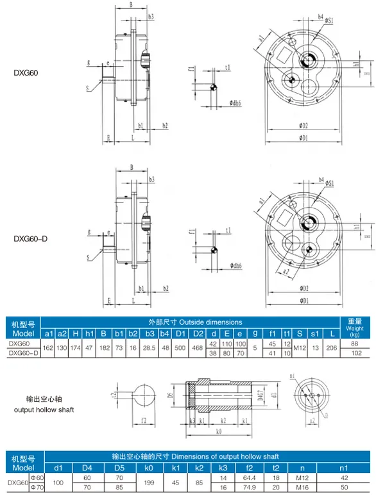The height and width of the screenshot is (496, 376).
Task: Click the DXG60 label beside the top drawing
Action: (26, 73)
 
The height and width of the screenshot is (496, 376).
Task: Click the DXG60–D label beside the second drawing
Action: (31, 239)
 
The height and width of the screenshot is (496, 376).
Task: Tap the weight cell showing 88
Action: (355, 343)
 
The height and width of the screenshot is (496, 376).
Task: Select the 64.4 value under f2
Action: (248, 478)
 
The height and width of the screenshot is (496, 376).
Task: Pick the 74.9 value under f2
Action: (248, 487)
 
